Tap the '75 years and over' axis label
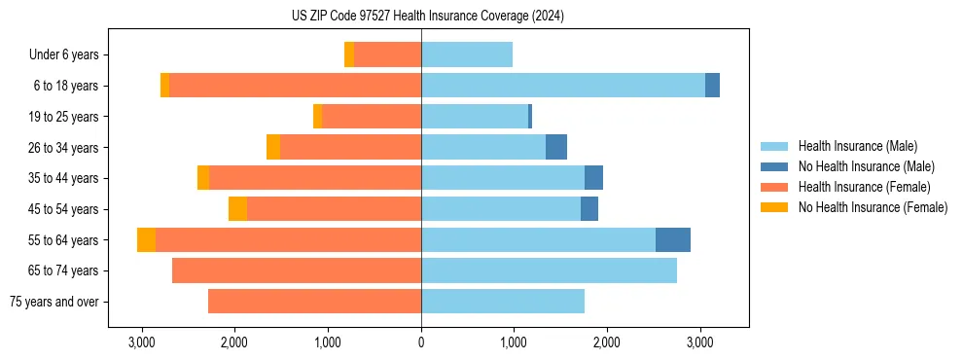tap(53, 302)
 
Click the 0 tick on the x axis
tap(421, 342)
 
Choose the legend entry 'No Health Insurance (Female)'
tap(873, 207)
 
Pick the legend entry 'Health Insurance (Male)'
tap(857, 146)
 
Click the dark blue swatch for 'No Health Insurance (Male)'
tap(774, 166)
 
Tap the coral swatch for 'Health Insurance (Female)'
tap(774, 187)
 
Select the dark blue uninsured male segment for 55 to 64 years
tap(673, 239)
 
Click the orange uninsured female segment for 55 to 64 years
tap(146, 239)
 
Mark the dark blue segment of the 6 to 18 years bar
tap(712, 86)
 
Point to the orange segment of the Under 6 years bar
tap(349, 54)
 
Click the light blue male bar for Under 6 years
tap(467, 54)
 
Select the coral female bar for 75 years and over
tap(314, 302)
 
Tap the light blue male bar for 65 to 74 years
tap(549, 270)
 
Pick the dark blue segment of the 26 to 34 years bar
tap(556, 147)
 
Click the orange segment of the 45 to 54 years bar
tap(237, 209)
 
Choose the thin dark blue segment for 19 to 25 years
tap(530, 117)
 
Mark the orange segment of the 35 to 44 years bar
tap(203, 178)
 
